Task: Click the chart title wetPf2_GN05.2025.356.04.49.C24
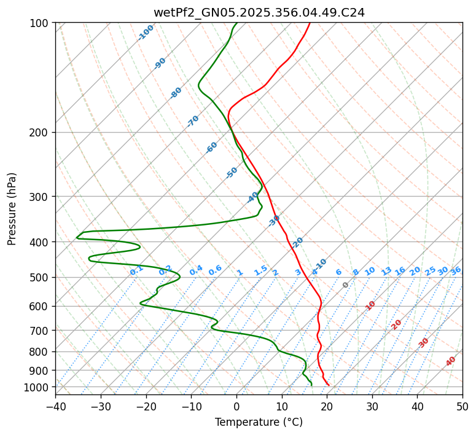[259, 12]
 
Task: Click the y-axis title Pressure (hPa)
[12, 209]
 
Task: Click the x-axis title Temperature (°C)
[259, 423]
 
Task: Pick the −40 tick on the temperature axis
[55, 406]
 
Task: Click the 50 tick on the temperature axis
[462, 406]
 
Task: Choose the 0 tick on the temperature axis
[236, 406]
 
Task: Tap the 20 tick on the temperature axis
[327, 406]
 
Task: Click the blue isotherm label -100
[146, 33]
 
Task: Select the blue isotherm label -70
[193, 121]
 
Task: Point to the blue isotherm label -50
[232, 173]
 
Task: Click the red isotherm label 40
[451, 361]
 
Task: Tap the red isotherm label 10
[370, 305]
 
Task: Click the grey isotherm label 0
[346, 285]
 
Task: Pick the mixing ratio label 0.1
[137, 270]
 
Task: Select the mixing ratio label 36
[456, 270]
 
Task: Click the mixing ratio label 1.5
[261, 270]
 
